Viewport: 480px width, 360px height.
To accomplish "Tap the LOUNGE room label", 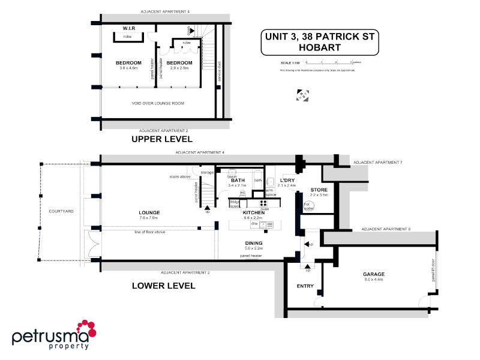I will (148, 212).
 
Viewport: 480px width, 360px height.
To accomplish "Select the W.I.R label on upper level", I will (128, 28).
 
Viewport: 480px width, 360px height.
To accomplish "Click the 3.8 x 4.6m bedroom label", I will (128, 63).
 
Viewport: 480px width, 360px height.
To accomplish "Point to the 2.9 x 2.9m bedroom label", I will (179, 63).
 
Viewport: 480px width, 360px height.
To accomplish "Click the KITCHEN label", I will (253, 213).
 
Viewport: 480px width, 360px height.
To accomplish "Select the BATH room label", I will (238, 181).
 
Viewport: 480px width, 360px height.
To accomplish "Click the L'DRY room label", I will (287, 181).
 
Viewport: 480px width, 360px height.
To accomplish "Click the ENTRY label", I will (305, 286).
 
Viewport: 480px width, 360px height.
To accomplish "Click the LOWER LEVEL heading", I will (163, 286).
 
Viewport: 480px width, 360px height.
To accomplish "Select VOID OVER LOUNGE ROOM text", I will (158, 103).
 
